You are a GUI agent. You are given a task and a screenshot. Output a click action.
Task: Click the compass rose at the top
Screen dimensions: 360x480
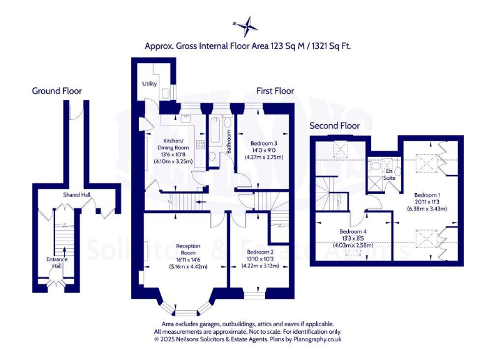click(x=246, y=26)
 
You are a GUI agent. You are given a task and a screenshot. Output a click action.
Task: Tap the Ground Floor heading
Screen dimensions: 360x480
click(x=57, y=91)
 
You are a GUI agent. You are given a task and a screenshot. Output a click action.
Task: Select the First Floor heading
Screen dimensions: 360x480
click(x=275, y=91)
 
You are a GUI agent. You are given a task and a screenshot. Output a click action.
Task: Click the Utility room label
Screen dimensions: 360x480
click(x=149, y=83)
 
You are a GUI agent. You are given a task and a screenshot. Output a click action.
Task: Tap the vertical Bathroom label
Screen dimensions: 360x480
click(x=229, y=142)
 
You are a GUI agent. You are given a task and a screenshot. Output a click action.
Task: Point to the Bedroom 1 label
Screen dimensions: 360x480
click(x=426, y=194)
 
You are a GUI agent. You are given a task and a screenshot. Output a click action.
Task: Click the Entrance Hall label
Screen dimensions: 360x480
click(x=57, y=263)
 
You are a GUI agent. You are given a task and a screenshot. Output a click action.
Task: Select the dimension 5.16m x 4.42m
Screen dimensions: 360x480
click(x=188, y=267)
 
